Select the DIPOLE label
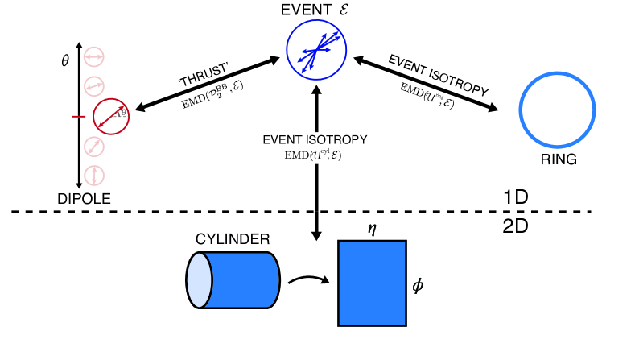click(x=83, y=198)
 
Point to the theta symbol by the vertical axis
click(x=65, y=61)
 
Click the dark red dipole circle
click(x=110, y=116)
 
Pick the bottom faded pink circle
click(x=95, y=175)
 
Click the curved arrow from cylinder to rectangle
click(x=308, y=280)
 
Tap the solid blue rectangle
click(x=371, y=283)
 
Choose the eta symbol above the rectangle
click(x=372, y=229)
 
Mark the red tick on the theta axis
click(x=78, y=117)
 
